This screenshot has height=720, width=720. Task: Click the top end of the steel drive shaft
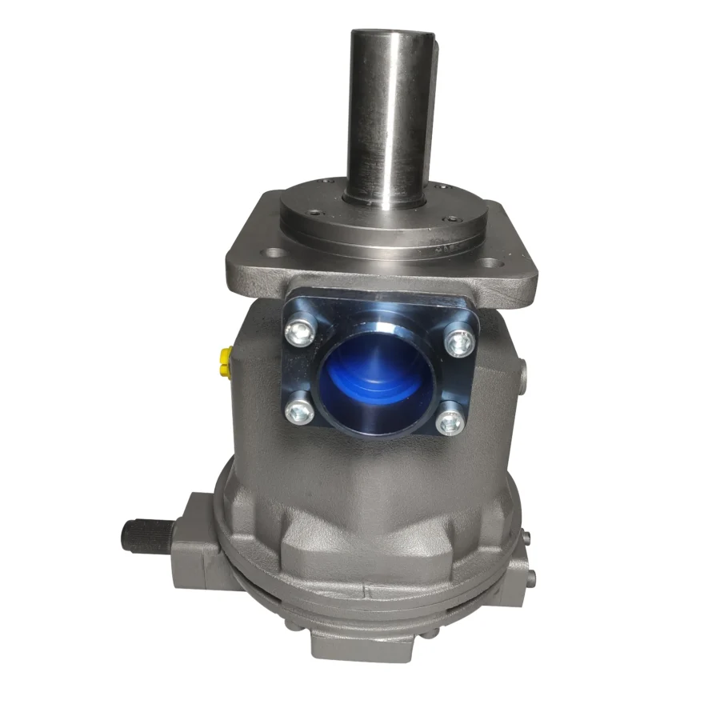392,35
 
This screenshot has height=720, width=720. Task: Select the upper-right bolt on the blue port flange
458,343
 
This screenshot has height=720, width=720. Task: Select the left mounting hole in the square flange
274,253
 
